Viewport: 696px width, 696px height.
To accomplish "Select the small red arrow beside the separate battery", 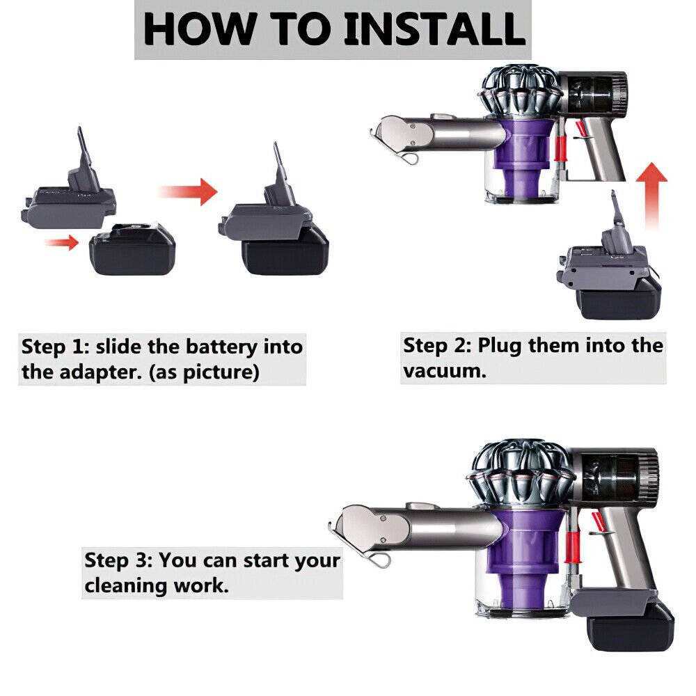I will coord(62,242).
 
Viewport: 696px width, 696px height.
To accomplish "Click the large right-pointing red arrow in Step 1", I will coord(187,192).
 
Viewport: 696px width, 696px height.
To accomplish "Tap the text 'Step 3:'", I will coord(119,560).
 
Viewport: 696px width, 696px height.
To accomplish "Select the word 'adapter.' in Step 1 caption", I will coord(95,372).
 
